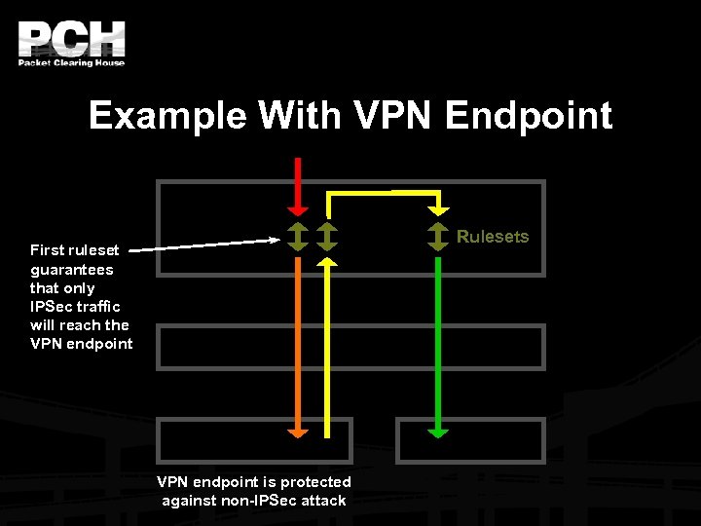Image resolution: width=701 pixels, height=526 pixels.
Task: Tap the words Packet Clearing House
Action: (71, 63)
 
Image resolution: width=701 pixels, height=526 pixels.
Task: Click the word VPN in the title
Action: (392, 116)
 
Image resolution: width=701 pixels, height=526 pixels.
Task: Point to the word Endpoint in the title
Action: (529, 116)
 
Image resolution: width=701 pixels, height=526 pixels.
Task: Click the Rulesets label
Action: (493, 237)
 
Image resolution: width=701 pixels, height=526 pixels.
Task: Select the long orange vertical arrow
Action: (299, 341)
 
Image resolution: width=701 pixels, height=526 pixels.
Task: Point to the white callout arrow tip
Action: (276, 239)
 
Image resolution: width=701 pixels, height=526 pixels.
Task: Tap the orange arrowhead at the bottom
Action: (299, 432)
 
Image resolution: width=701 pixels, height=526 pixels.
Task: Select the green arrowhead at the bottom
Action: (439, 432)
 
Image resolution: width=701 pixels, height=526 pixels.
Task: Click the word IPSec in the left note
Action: (50, 307)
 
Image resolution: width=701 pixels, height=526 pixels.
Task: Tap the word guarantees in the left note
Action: (71, 270)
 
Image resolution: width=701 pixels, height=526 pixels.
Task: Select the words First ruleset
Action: (74, 250)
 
